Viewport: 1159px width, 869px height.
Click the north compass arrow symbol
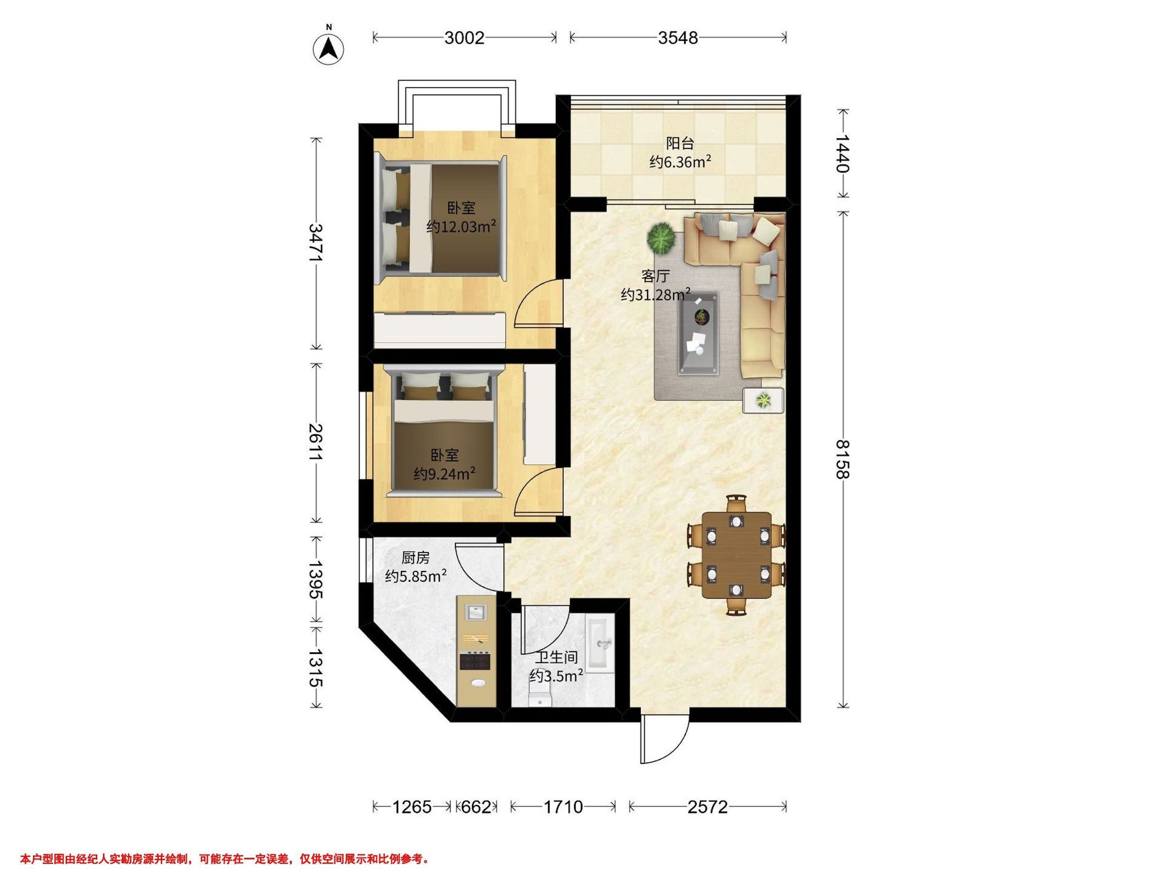pyautogui.click(x=328, y=49)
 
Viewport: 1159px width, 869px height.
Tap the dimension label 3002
pyautogui.click(x=464, y=38)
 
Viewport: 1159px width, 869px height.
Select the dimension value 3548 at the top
pyautogui.click(x=678, y=38)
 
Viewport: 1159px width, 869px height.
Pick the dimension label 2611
pyautogui.click(x=315, y=442)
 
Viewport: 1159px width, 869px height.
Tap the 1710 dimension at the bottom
pyautogui.click(x=563, y=807)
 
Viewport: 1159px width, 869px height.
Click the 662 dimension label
pyautogui.click(x=476, y=807)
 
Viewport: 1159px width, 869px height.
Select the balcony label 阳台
pyautogui.click(x=680, y=143)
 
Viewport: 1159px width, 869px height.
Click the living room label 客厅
pyautogui.click(x=655, y=276)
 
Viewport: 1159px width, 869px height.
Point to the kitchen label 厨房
pyautogui.click(x=415, y=557)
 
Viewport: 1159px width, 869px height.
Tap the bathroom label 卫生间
pyautogui.click(x=556, y=657)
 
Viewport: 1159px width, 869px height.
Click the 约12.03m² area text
pyautogui.click(x=461, y=227)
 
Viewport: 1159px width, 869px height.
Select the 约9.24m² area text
pyautogui.click(x=444, y=474)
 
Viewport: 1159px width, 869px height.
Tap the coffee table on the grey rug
pyautogui.click(x=699, y=333)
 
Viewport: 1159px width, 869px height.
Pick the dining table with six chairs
pyautogui.click(x=736, y=555)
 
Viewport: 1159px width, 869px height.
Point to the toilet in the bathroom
pyautogui.click(x=540, y=699)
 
